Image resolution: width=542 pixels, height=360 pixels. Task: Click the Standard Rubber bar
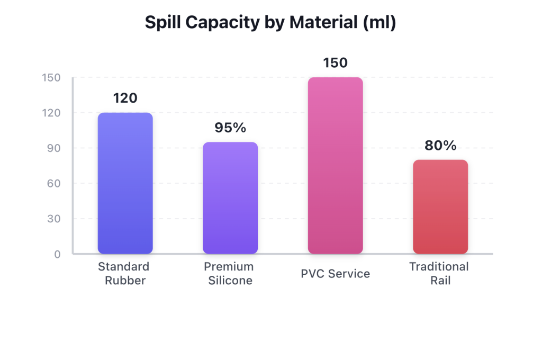coord(125,183)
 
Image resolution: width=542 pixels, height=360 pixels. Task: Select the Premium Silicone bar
coord(230,198)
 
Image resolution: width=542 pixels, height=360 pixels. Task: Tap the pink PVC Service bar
coord(335,166)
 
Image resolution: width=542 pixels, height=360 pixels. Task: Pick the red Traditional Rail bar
coord(440,206)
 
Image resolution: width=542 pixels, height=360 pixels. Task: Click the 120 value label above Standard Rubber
coord(125,98)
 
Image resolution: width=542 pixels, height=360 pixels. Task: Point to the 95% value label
coord(230,128)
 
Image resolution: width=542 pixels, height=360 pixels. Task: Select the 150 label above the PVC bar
coord(335,63)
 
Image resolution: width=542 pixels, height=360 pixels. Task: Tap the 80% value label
coord(440,146)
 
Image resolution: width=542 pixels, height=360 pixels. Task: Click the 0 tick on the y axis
coord(57,254)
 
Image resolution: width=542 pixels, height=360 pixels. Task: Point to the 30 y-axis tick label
coord(54,219)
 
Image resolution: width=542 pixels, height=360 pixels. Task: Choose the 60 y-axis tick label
coord(54,184)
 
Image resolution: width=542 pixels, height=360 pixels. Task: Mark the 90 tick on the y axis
coord(54,148)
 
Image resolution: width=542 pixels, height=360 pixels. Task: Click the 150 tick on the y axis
coord(51,78)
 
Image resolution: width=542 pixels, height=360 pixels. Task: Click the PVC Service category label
coord(335,274)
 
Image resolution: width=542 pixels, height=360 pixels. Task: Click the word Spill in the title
coord(161,23)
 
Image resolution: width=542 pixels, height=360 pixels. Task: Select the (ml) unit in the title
coord(380,23)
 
